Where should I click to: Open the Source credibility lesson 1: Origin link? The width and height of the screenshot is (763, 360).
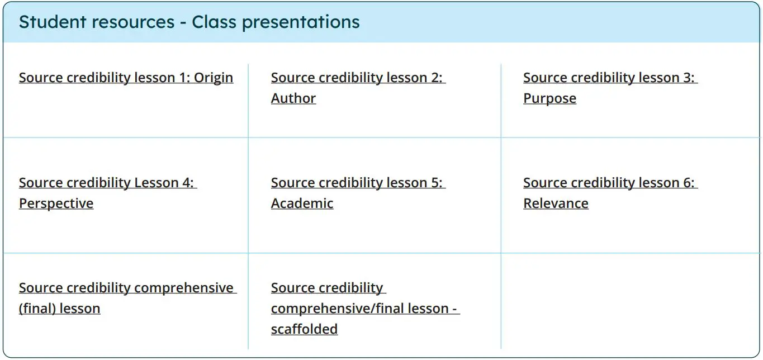pyautogui.click(x=126, y=78)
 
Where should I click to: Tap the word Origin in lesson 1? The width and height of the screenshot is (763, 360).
pyautogui.click(x=214, y=78)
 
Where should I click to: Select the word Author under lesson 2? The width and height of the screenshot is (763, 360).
pyautogui.click(x=293, y=98)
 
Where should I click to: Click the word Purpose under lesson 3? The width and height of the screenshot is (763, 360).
pyautogui.click(x=549, y=98)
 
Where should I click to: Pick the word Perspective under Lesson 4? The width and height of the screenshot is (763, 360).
pyautogui.click(x=56, y=203)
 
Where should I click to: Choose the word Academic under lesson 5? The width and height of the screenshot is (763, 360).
pyautogui.click(x=302, y=203)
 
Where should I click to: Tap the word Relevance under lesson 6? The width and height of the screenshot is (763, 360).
pyautogui.click(x=556, y=203)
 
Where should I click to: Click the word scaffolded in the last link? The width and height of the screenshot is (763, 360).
pyautogui.click(x=304, y=329)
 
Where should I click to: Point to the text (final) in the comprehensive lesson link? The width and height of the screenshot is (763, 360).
pyautogui.click(x=38, y=309)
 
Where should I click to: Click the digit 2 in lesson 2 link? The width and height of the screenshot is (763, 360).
pyautogui.click(x=436, y=78)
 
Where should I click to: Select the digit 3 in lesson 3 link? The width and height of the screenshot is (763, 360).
pyautogui.click(x=688, y=78)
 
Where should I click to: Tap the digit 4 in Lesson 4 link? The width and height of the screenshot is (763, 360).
pyautogui.click(x=187, y=183)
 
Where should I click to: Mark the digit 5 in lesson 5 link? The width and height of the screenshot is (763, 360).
pyautogui.click(x=436, y=183)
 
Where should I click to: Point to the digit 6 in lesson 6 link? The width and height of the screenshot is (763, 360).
pyautogui.click(x=688, y=183)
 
